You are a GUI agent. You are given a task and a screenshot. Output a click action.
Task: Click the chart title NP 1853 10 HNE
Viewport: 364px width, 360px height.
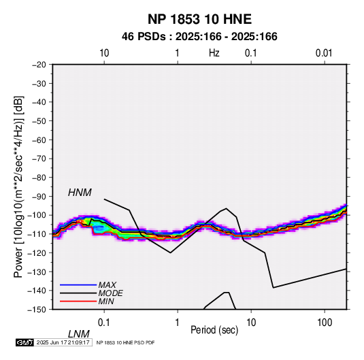(x=199, y=19)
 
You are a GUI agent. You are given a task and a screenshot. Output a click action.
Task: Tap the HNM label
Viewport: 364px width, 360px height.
(x=80, y=193)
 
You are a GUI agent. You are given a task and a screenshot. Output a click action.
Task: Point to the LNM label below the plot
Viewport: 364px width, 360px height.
(x=79, y=334)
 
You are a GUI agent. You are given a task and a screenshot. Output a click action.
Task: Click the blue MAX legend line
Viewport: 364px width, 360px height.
(x=78, y=285)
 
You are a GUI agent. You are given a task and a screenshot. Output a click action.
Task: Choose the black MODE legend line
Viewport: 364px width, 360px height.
(x=78, y=293)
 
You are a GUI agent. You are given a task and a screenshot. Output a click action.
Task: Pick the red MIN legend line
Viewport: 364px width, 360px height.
(x=78, y=301)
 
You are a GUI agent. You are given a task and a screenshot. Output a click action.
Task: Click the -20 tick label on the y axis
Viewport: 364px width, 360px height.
(x=39, y=65)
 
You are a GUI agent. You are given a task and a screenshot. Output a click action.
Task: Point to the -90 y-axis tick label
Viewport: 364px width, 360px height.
(x=39, y=197)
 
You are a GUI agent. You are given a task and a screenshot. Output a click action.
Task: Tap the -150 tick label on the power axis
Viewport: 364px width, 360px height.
(x=37, y=310)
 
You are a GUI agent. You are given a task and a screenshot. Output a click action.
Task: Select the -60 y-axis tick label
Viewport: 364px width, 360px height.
(x=39, y=140)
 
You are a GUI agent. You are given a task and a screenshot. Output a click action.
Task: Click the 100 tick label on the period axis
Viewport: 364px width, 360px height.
(x=325, y=323)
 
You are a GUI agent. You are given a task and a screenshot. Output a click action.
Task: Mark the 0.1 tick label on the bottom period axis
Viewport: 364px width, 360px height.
(x=104, y=323)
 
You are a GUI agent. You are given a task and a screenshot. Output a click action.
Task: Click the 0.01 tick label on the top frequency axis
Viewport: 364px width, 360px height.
(x=324, y=53)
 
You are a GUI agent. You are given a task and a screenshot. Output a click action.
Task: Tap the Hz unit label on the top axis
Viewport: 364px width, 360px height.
(x=214, y=53)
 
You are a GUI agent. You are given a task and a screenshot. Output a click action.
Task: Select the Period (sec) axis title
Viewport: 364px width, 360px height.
(x=214, y=330)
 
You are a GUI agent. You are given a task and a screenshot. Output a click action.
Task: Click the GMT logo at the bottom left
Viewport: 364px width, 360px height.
(x=25, y=342)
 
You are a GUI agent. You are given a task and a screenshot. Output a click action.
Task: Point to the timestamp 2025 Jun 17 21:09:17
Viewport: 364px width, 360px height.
(x=63, y=342)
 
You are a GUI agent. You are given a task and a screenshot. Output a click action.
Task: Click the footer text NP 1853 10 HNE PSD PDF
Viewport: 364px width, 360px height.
(x=125, y=342)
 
